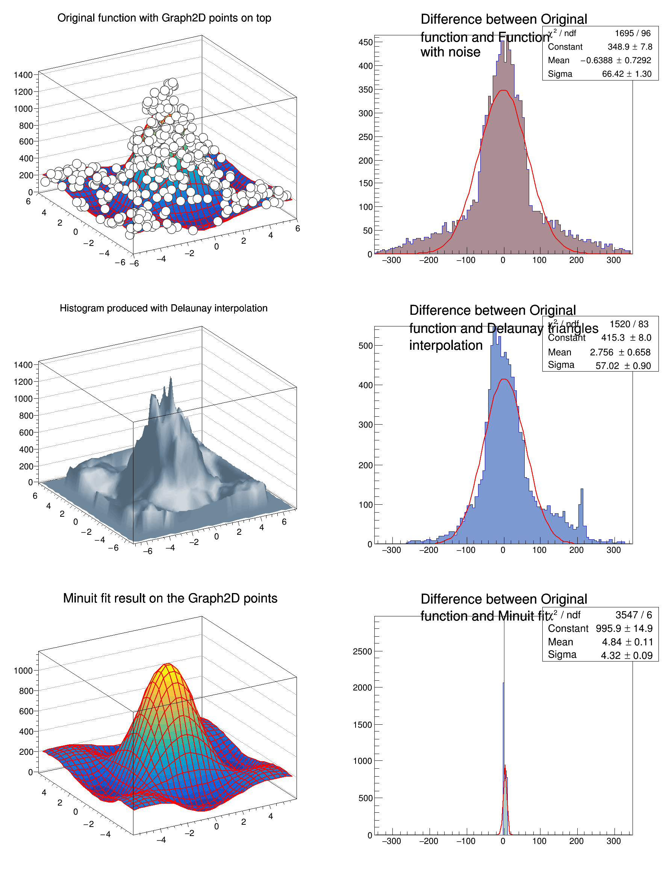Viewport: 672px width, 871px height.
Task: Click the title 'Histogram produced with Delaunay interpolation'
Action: [163, 308]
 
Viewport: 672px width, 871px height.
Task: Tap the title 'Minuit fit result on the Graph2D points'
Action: [170, 598]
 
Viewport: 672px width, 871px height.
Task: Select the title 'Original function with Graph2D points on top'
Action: [164, 18]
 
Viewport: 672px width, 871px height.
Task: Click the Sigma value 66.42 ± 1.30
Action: [627, 74]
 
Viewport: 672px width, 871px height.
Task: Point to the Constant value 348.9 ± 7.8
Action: [630, 47]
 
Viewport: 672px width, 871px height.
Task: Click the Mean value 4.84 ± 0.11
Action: [627, 642]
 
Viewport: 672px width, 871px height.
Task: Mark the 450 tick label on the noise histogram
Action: [365, 42]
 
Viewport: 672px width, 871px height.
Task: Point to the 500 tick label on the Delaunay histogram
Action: [365, 346]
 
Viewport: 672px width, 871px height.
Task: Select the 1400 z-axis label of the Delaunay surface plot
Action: [23, 365]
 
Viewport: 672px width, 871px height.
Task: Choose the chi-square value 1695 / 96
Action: [633, 33]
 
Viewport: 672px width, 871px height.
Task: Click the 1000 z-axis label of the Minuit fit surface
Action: [23, 671]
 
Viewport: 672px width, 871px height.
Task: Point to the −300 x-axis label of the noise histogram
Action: [391, 260]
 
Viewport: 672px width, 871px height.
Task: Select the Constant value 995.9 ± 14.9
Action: [624, 628]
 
